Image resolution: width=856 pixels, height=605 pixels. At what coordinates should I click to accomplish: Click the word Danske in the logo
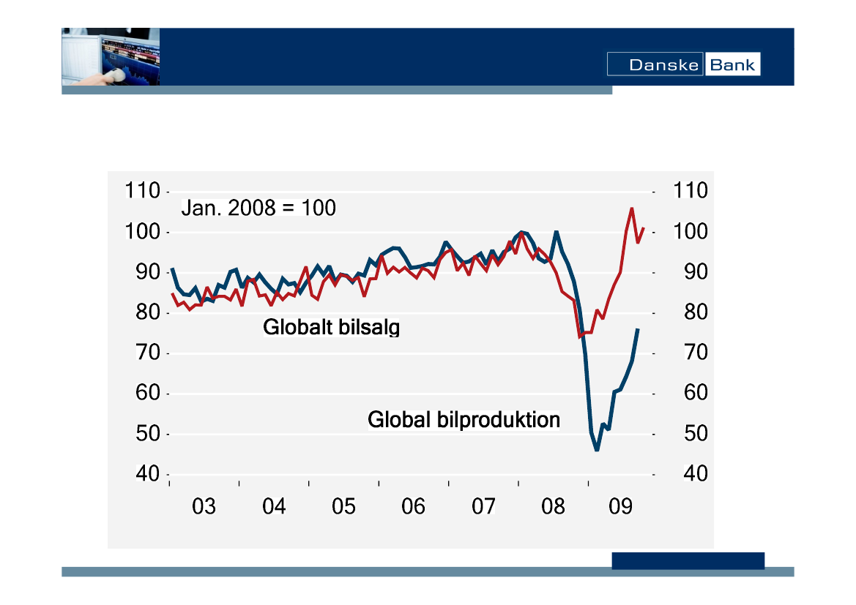[x=655, y=65]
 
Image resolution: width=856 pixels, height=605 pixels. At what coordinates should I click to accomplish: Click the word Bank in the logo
[x=732, y=65]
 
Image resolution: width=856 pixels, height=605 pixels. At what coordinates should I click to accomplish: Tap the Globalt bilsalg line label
[x=331, y=327]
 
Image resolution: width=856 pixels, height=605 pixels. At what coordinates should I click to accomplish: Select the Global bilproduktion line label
[x=464, y=420]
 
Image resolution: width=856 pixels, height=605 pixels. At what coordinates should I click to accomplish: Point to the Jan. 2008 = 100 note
[x=258, y=208]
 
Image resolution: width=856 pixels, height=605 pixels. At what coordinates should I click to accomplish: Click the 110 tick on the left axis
[x=143, y=192]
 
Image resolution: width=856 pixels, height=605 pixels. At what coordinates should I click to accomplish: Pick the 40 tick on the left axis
[x=147, y=474]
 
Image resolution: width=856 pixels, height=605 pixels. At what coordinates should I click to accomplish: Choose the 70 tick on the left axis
[x=147, y=353]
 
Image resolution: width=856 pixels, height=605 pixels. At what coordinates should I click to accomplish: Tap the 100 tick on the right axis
[x=691, y=232]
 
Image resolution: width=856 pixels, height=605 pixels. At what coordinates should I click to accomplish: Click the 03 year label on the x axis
[x=204, y=506]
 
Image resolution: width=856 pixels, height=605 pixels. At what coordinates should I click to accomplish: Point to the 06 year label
[x=414, y=506]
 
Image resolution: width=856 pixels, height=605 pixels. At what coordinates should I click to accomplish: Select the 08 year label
[x=554, y=506]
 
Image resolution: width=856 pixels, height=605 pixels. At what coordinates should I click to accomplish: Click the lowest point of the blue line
[x=597, y=449]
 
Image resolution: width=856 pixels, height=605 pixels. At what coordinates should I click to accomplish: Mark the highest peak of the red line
[x=631, y=208]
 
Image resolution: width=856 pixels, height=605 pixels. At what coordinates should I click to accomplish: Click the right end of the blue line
[x=638, y=329]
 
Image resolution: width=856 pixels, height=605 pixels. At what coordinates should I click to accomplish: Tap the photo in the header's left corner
[x=111, y=57]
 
